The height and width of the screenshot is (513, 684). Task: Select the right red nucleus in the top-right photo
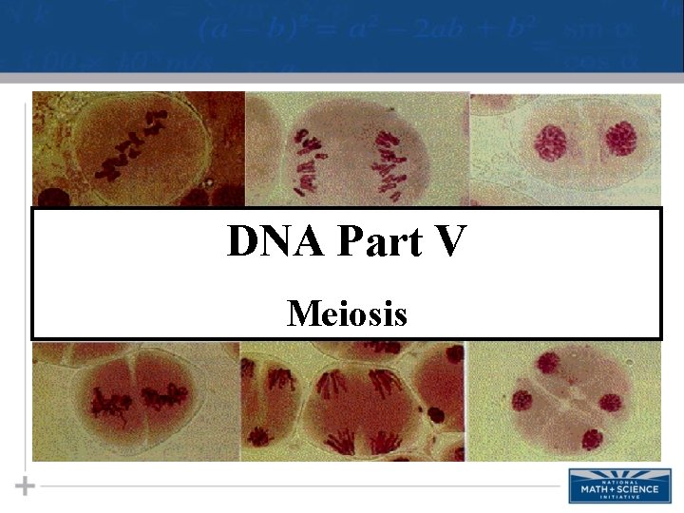620,140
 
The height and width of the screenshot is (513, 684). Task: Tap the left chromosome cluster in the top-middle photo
309,158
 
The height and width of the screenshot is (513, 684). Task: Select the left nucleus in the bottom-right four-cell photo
522,402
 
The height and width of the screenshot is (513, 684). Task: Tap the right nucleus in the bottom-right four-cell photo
609,403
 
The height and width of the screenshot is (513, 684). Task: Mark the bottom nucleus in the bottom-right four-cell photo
591,439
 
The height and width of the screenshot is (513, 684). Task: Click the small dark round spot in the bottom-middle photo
436,413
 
